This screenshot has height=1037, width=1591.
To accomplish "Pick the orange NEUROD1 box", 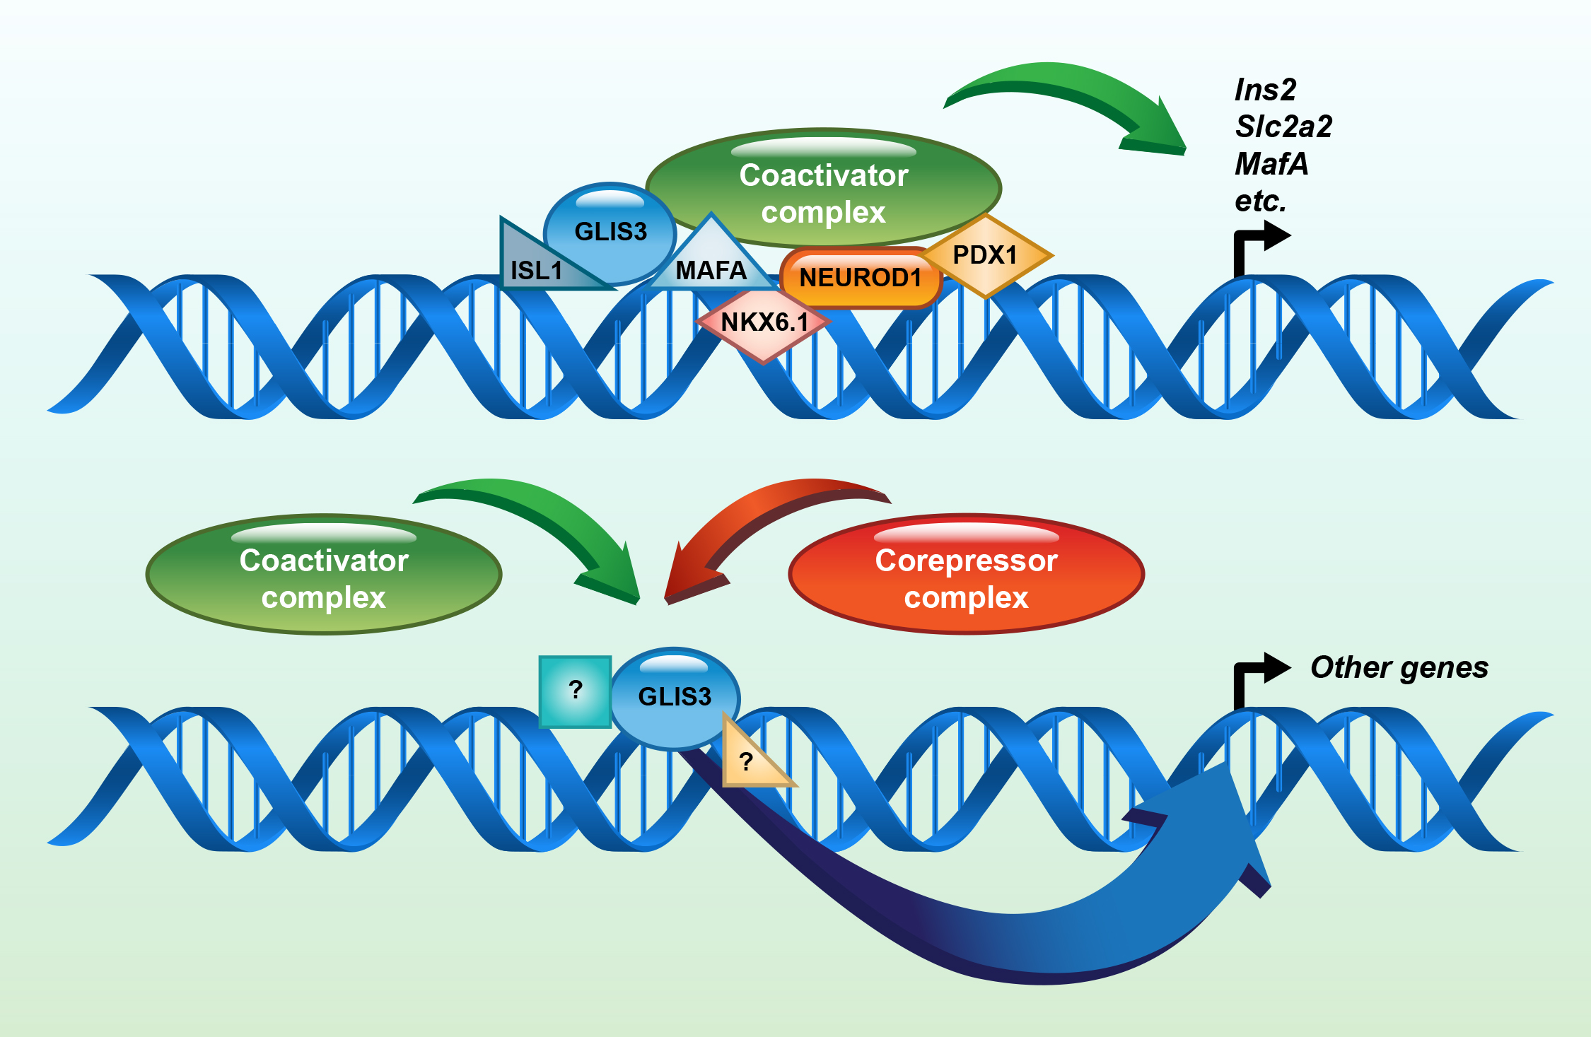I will click(860, 278).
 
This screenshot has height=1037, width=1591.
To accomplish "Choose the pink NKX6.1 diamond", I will click(764, 322).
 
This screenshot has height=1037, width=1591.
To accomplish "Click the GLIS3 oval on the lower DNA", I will click(675, 697).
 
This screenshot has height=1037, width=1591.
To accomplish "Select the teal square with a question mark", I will click(575, 691).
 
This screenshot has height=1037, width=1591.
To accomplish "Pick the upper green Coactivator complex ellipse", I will click(823, 187).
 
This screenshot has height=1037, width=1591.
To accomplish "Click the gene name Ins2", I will click(1265, 90).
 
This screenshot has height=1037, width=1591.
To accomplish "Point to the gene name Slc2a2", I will click(1283, 127).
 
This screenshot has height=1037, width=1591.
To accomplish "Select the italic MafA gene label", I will click(1271, 164).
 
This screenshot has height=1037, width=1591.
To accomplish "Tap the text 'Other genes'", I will click(1399, 667).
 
